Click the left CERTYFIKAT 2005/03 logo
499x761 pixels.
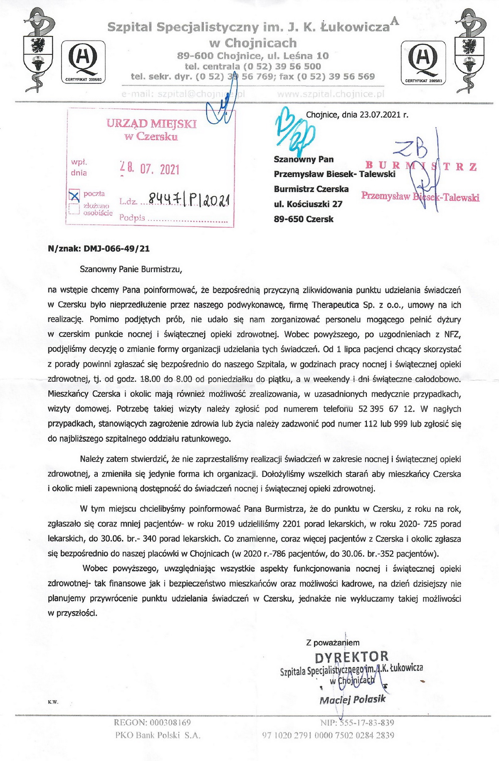point(84,61)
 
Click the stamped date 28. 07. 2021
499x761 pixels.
point(150,169)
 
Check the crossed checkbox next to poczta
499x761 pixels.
point(75,195)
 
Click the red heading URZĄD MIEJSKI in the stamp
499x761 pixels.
point(151,123)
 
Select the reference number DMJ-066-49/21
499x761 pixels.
point(117,249)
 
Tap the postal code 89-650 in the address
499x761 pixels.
point(287,219)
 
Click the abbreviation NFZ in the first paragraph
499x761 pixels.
point(452,334)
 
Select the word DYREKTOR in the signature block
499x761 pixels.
point(352,657)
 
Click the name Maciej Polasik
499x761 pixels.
point(352,700)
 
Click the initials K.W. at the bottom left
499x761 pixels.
point(53,702)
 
